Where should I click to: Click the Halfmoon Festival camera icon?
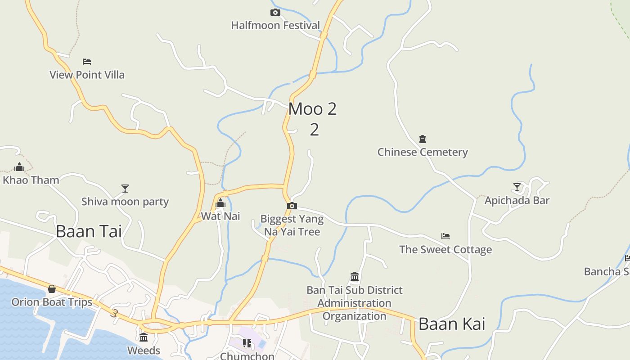(275, 13)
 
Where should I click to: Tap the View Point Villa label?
(87, 75)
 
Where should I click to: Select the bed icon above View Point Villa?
(87, 61)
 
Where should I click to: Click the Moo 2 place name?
(312, 109)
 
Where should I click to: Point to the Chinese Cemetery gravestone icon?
(423, 139)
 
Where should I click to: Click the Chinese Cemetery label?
(423, 152)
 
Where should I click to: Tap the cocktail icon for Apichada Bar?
(517, 187)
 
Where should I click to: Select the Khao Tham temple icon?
(19, 167)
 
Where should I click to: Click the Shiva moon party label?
(125, 202)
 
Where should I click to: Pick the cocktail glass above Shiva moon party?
(125, 188)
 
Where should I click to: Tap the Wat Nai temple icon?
(220, 203)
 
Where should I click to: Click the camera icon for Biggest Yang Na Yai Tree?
(292, 206)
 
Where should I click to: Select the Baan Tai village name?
(89, 231)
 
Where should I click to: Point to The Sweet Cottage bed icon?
(445, 236)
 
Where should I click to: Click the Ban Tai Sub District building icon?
(355, 276)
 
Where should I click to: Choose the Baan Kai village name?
(452, 324)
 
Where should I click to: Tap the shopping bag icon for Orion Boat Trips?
(52, 289)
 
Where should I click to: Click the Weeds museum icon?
(144, 337)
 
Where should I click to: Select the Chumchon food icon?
(247, 343)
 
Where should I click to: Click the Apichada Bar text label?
(517, 200)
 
